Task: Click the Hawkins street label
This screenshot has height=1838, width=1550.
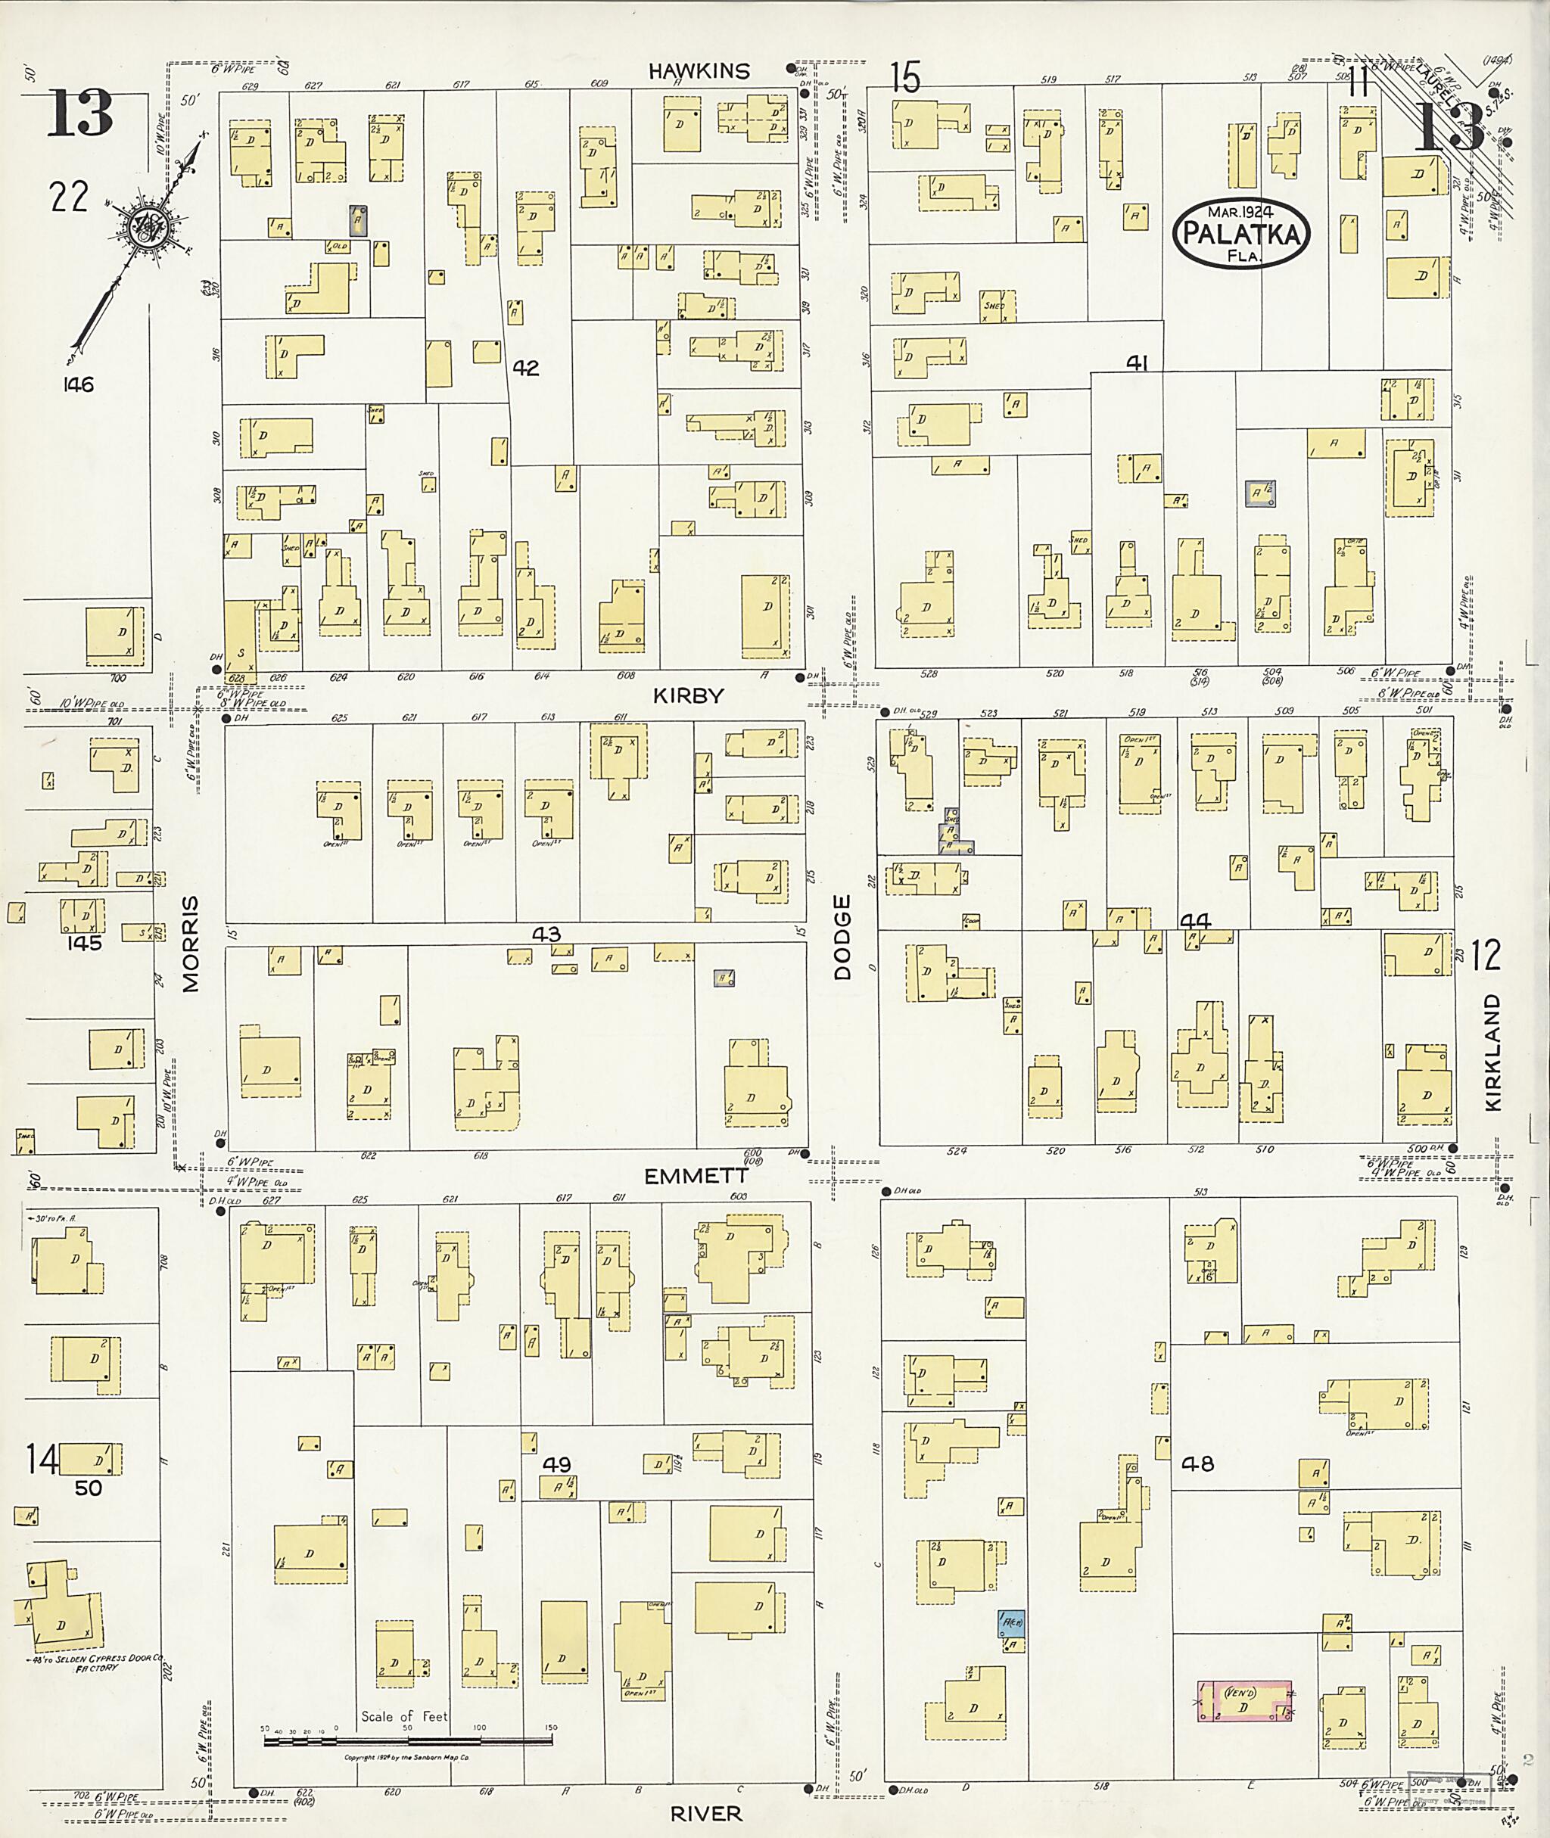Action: coord(699,71)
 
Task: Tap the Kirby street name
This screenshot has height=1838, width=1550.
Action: coord(688,695)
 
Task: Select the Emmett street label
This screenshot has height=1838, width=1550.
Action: coord(696,1176)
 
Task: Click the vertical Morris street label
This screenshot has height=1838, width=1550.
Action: coord(191,944)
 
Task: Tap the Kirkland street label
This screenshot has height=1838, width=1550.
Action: coord(1495,1053)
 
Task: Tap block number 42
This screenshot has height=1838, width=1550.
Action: coord(525,368)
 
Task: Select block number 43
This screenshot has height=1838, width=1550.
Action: coord(546,934)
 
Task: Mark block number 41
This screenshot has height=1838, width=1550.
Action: coord(1137,362)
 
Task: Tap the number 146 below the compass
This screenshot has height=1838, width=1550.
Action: coord(78,384)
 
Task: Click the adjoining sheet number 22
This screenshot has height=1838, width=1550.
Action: coord(69,196)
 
